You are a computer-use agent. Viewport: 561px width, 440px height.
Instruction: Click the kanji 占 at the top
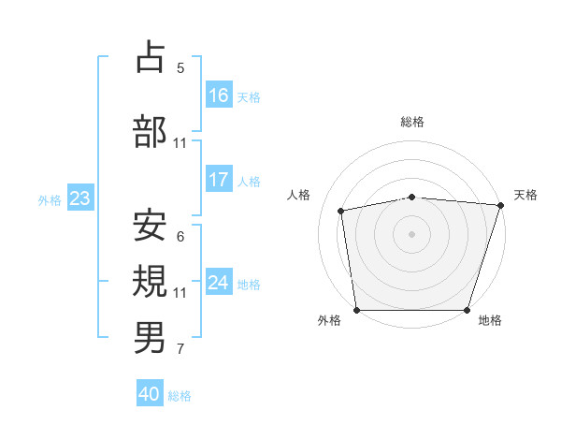(x=151, y=57)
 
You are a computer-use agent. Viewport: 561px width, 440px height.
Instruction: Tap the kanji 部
(x=151, y=131)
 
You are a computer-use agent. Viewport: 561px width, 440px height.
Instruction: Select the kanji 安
(x=151, y=226)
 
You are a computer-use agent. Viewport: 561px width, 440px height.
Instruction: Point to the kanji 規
(x=151, y=280)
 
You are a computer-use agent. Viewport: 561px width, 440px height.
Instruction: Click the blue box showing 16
(x=219, y=95)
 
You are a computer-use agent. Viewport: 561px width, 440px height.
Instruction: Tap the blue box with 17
(x=219, y=180)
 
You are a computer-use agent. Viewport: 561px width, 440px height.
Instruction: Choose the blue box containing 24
(x=219, y=283)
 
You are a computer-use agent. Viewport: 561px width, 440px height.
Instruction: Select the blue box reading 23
(x=79, y=198)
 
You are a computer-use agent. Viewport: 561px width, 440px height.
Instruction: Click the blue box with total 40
(x=150, y=394)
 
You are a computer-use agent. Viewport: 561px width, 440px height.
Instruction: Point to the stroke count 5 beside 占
(x=180, y=67)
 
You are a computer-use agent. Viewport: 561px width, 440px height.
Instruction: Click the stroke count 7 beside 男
(x=180, y=349)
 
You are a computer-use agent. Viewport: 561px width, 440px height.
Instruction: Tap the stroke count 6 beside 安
(x=180, y=237)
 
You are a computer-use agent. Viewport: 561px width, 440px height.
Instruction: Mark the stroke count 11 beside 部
(x=180, y=143)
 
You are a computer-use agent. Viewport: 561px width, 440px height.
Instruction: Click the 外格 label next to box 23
(x=50, y=199)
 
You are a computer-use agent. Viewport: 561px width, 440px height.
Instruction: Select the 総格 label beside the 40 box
(x=180, y=396)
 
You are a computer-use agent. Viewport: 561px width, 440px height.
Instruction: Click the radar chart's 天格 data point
(x=499, y=205)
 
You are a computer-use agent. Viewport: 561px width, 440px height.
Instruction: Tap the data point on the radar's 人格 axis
(x=341, y=211)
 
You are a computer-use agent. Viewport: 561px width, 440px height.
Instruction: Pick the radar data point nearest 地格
(x=467, y=310)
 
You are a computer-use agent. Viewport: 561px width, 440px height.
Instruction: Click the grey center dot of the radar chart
(x=411, y=233)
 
